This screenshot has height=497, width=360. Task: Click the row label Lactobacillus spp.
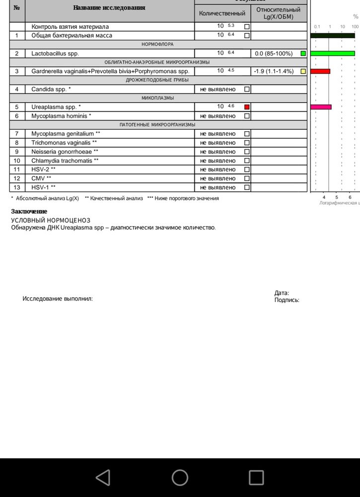(55, 53)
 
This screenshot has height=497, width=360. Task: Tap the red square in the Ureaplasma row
(247, 107)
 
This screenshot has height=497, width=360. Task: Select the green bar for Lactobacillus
(332, 53)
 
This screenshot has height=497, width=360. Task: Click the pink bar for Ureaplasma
(321, 107)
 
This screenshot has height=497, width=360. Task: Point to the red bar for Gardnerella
(320, 71)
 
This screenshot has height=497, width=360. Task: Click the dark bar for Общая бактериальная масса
(332, 35)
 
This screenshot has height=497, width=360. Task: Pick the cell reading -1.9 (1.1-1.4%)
(274, 71)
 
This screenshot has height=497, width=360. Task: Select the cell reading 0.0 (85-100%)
(274, 53)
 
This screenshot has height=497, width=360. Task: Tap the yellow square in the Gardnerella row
(303, 71)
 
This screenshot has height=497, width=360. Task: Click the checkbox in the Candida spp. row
(247, 89)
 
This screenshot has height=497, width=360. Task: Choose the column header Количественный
(222, 13)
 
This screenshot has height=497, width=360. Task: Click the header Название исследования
(109, 7)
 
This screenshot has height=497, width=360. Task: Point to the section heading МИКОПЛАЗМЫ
(157, 98)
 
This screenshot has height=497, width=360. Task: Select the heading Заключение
(29, 212)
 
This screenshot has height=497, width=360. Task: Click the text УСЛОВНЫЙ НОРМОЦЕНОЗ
(51, 220)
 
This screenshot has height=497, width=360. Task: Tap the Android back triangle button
(103, 478)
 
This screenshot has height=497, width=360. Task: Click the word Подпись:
(287, 300)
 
